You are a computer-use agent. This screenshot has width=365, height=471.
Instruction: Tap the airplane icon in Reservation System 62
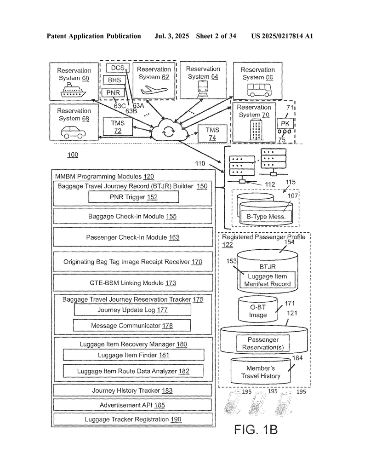[x=154, y=89]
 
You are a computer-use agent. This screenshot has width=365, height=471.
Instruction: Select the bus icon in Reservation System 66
[x=260, y=90]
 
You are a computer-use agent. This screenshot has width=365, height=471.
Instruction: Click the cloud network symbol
[x=169, y=130]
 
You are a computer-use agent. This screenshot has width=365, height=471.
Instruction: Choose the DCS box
[x=118, y=68]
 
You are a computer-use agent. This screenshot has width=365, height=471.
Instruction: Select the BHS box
[x=114, y=80]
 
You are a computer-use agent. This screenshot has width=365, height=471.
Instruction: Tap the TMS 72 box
[x=118, y=127]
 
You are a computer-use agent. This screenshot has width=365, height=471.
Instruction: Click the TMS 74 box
[x=212, y=134]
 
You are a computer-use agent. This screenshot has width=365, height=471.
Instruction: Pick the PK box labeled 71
[x=285, y=124]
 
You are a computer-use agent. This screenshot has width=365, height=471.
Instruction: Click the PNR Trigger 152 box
[x=134, y=197]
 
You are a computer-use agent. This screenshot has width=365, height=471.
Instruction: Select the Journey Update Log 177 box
[x=132, y=310]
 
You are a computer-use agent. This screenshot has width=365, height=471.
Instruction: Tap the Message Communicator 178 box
[x=132, y=325]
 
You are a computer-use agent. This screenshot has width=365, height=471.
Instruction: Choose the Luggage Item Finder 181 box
[x=134, y=355]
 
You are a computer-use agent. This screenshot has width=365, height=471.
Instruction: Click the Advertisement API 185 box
[x=132, y=405]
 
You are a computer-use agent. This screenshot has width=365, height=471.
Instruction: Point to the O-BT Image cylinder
[x=258, y=310]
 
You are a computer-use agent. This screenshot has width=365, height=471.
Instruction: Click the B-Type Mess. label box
[x=266, y=216]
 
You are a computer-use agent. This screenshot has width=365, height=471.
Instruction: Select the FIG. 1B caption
[x=256, y=430]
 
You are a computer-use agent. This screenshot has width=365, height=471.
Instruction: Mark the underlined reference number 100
[x=73, y=155]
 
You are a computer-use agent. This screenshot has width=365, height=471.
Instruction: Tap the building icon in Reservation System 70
[x=256, y=129]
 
